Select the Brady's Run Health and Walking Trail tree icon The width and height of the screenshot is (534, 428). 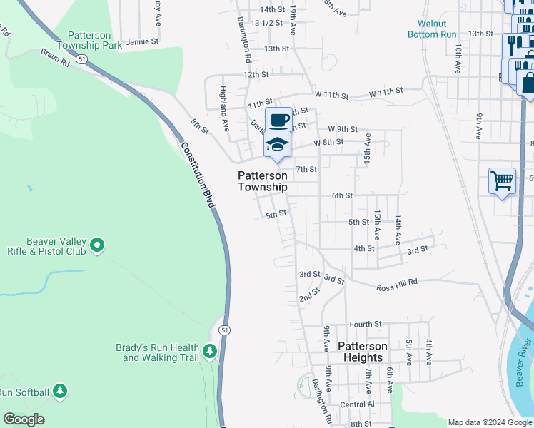209,351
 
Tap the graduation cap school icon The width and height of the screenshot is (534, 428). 278,144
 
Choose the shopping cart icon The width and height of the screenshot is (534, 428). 502,180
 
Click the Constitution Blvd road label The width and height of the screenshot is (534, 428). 198,175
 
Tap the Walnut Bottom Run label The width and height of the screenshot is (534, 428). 433,28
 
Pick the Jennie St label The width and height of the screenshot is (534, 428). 141,42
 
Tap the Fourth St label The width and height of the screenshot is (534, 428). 366,324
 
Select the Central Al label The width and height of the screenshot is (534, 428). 357,404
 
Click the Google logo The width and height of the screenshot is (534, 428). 24,419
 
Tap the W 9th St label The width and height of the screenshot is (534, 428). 343,129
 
